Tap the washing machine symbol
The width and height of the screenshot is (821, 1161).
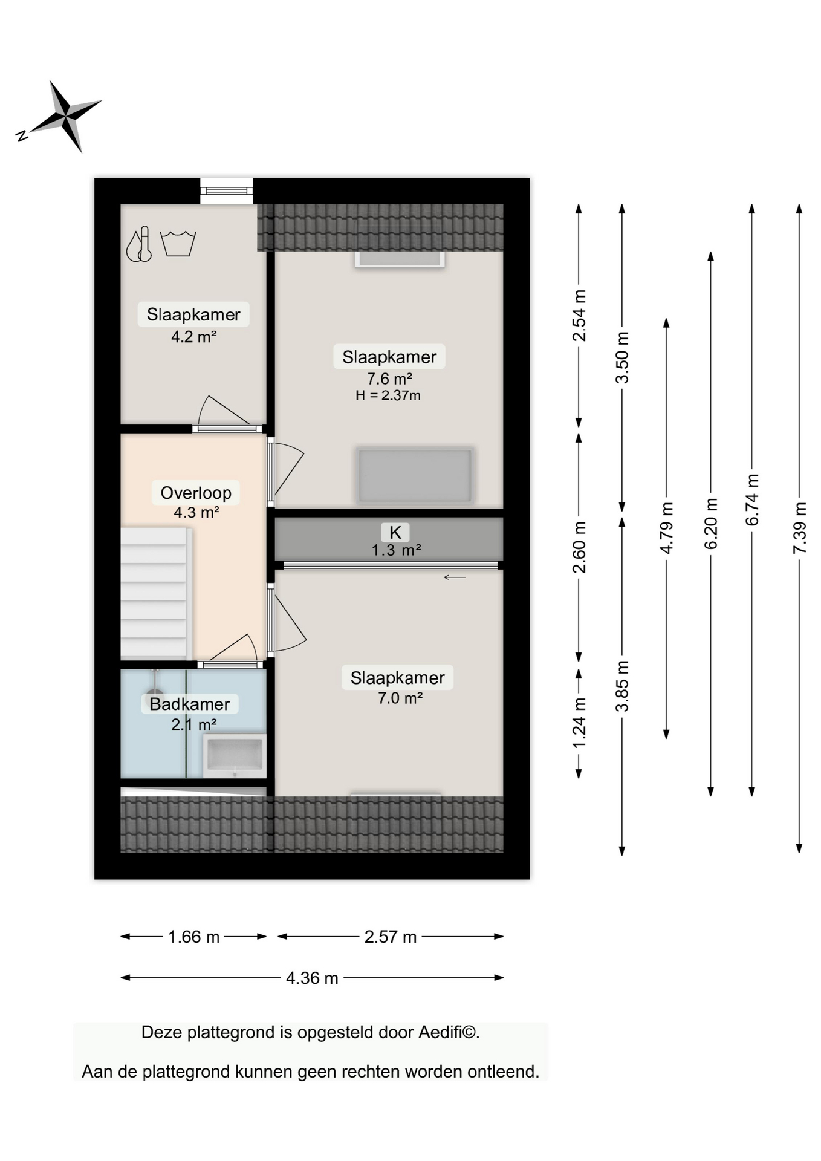click(x=178, y=243)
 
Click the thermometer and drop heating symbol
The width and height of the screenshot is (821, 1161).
click(x=139, y=244)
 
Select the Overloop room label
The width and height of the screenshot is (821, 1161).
click(x=196, y=493)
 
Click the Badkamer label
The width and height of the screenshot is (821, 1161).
click(x=190, y=704)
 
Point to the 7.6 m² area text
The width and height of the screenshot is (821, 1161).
click(x=389, y=379)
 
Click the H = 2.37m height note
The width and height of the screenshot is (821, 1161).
click(x=388, y=395)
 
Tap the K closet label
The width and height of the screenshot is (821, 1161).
click(x=395, y=532)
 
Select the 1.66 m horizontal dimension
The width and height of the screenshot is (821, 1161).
click(x=193, y=937)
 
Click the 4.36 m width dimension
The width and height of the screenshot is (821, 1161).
click(x=312, y=978)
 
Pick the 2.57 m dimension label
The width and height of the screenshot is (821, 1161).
click(x=391, y=937)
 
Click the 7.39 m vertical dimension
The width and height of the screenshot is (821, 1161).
click(x=799, y=527)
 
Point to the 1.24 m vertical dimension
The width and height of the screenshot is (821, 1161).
click(x=579, y=723)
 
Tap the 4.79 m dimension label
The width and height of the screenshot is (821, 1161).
click(x=666, y=527)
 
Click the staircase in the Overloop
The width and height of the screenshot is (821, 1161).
click(x=155, y=593)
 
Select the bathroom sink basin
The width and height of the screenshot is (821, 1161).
click(x=235, y=755)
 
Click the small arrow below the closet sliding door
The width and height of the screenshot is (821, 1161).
click(x=455, y=577)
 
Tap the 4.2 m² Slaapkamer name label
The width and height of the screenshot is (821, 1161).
click(x=193, y=314)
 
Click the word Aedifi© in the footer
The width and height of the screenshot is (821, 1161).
click(x=442, y=1032)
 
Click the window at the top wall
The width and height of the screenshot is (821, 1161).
click(x=227, y=191)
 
